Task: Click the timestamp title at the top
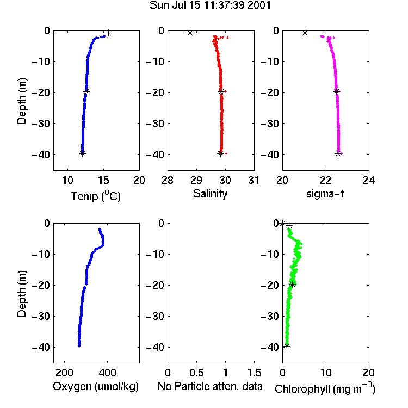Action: point(210,5)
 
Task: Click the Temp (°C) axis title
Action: point(96,196)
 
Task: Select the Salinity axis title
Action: point(210,194)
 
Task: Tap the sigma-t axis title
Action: point(325,194)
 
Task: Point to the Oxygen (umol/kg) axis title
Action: point(96,386)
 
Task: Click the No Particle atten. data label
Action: point(210,386)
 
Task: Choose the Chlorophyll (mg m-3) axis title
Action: point(325,388)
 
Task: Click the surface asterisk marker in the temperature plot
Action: point(108,33)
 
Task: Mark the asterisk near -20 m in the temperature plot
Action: point(86,91)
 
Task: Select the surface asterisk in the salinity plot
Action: point(190,33)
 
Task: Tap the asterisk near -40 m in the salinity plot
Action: point(220,153)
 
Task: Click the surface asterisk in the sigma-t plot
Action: point(305,33)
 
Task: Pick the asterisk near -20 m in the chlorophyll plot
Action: point(293,284)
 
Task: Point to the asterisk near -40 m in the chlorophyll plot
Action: point(287,346)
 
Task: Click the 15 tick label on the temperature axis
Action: point(103,180)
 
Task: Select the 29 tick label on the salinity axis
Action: point(196,180)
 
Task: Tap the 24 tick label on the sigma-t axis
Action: point(369,180)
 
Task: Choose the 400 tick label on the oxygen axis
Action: point(108,373)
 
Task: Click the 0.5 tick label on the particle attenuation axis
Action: point(196,373)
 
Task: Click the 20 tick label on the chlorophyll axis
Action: point(369,373)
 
